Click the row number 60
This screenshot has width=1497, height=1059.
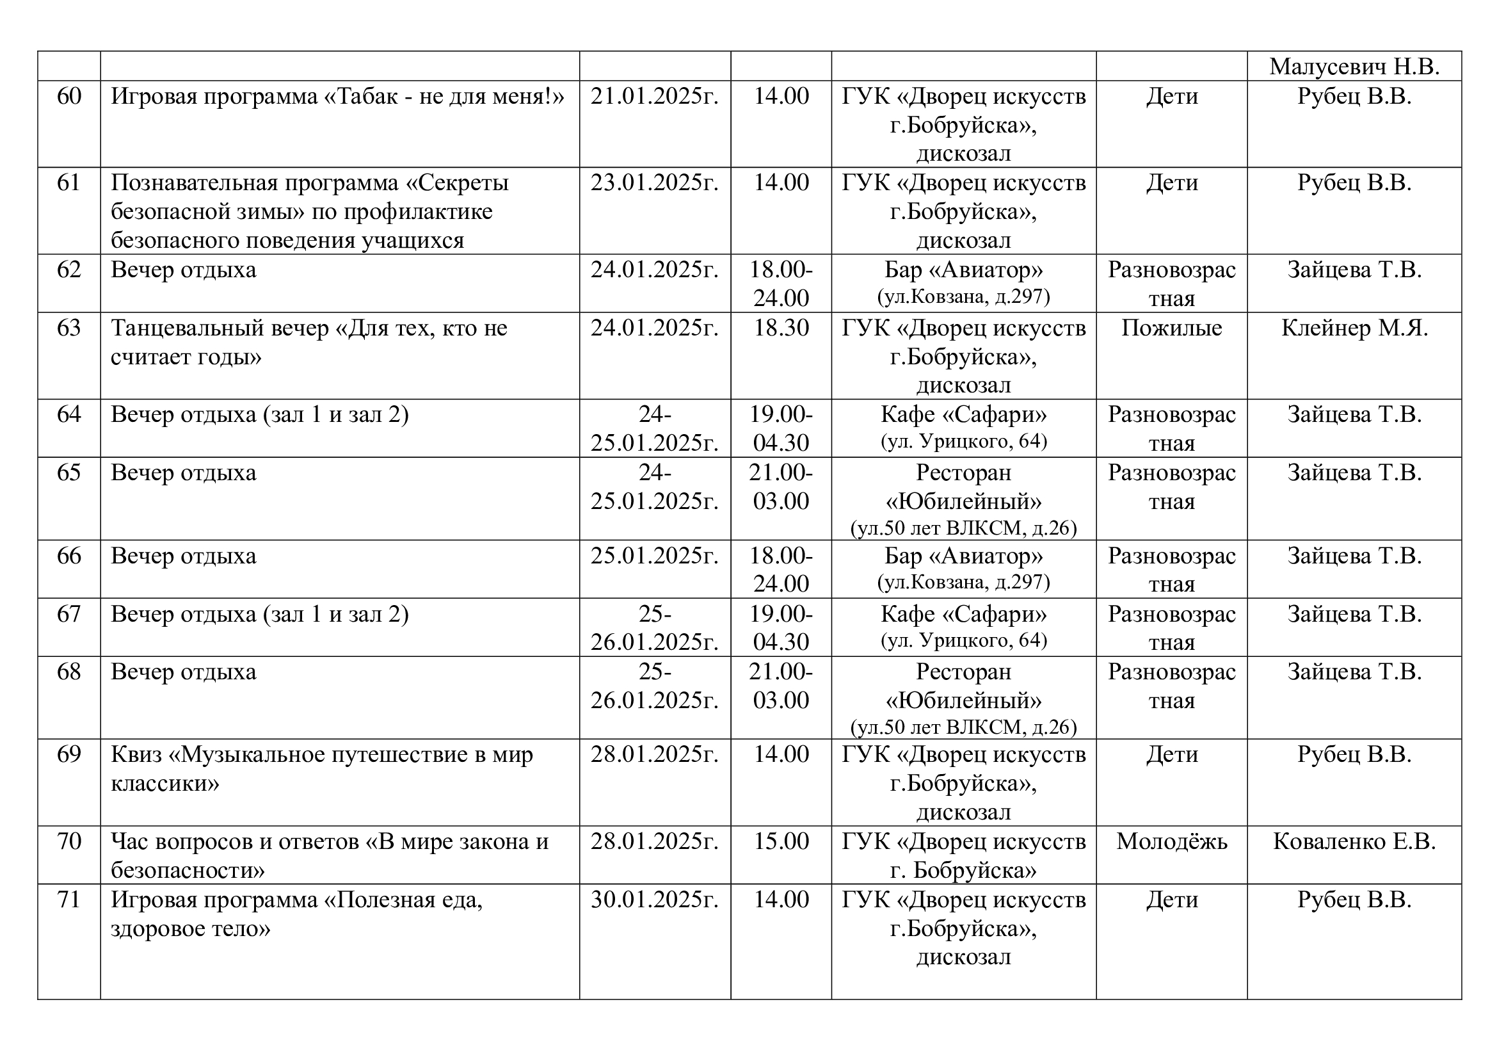pos(68,97)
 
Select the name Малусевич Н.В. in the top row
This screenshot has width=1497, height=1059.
pos(1354,67)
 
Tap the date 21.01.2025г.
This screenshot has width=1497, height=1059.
pos(655,97)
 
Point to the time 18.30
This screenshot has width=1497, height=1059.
pos(780,328)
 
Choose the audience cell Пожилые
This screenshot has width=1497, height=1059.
pos(1171,328)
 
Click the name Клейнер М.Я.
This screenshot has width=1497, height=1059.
pos(1354,328)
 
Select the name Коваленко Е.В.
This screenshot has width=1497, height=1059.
pos(1354,842)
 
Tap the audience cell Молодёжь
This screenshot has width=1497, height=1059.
pos(1171,842)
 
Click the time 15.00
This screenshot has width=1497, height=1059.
pos(780,842)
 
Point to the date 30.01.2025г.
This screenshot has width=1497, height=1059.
pos(655,900)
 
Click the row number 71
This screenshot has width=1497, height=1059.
pos(68,900)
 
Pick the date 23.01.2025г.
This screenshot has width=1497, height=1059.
pos(655,182)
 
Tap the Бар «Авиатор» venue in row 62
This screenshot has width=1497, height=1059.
pos(963,270)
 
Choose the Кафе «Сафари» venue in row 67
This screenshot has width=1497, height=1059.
pos(963,614)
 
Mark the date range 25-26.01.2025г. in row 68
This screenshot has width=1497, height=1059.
pos(655,686)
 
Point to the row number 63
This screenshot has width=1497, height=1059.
pos(68,328)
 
